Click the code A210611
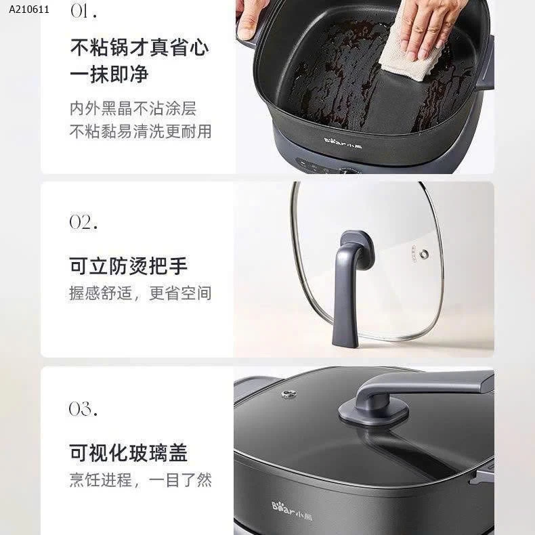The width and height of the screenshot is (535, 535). pyautogui.click(x=29, y=9)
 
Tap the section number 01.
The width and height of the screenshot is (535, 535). pyautogui.click(x=83, y=11)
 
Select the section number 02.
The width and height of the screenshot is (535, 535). pyautogui.click(x=83, y=222)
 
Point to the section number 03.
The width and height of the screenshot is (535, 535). pyautogui.click(x=83, y=408)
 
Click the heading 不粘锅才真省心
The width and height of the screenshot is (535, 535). pyautogui.click(x=140, y=47)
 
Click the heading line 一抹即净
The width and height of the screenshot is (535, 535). pyautogui.click(x=109, y=74)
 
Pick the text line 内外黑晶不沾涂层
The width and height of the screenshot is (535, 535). pyautogui.click(x=133, y=108)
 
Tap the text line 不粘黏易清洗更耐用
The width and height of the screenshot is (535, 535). pyautogui.click(x=141, y=131)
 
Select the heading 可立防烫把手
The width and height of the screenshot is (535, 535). pyautogui.click(x=128, y=265)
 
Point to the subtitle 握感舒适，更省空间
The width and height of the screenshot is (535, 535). pyautogui.click(x=140, y=293)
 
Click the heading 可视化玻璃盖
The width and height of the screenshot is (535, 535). pyautogui.click(x=128, y=453)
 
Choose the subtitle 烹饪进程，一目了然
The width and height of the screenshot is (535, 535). pyautogui.click(x=141, y=479)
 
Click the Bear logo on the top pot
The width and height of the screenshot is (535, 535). pyautogui.click(x=343, y=143)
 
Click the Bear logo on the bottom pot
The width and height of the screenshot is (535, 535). pyautogui.click(x=292, y=511)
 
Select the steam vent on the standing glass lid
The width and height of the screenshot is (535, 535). pyautogui.click(x=425, y=253)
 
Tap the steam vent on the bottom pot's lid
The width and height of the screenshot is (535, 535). pyautogui.click(x=288, y=394)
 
